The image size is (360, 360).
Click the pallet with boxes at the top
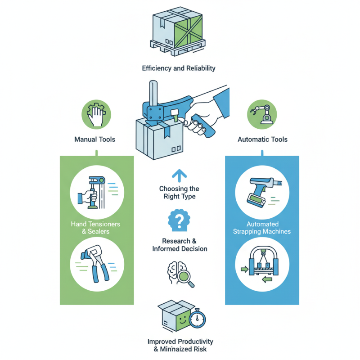coord(178,30)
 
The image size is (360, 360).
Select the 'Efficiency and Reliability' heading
coord(179,68)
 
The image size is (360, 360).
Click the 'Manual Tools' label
coord(94,139)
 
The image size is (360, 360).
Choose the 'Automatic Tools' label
coord(262,139)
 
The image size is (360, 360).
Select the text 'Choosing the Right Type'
coord(179,193)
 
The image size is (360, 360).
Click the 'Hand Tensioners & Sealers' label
coord(95,228)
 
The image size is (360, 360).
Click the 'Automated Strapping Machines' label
coord(262,228)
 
